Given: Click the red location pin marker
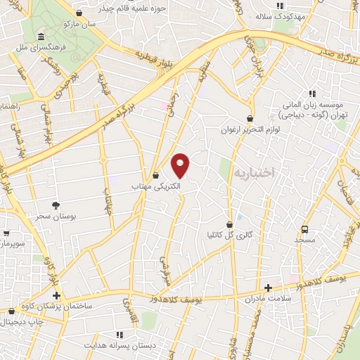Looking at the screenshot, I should point(181,165).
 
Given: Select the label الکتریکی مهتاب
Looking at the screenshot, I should point(156,187).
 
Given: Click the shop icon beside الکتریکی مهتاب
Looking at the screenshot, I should point(156,175).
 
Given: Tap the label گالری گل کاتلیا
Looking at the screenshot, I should point(229,233).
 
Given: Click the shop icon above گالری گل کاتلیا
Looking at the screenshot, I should point(229,222).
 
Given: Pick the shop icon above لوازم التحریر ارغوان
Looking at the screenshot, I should point(250,119).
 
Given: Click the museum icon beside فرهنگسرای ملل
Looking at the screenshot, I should point(41,37).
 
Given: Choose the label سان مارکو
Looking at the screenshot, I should point(77,24).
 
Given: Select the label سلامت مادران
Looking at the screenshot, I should point(268,298).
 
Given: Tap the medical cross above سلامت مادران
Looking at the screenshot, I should point(268,287).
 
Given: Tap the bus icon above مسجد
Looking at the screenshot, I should point(304,229).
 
